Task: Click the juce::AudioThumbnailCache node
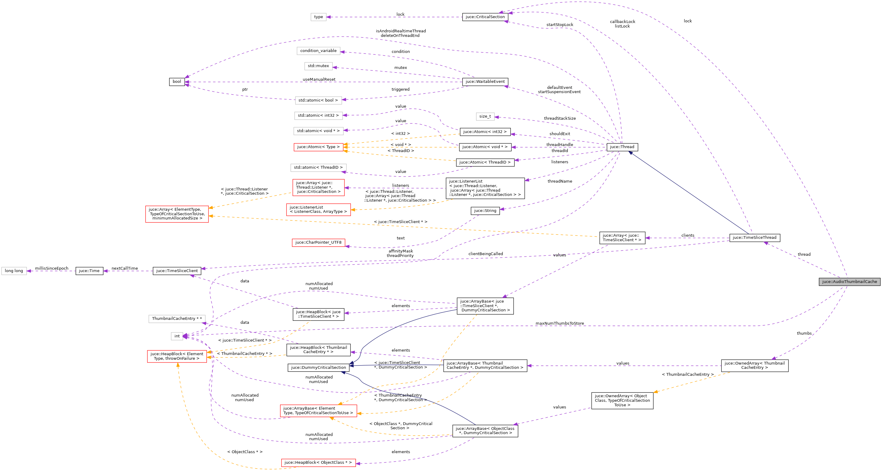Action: [849, 282]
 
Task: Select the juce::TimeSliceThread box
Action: [754, 238]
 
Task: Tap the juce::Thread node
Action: [622, 147]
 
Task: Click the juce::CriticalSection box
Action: [485, 17]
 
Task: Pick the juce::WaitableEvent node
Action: [485, 81]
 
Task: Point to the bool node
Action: [177, 81]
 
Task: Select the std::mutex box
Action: [318, 66]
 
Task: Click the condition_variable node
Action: [318, 51]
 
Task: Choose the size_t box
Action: [485, 116]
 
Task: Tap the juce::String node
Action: [485, 210]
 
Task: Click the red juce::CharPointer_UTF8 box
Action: [318, 242]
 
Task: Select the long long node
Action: [14, 271]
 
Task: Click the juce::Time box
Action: [89, 271]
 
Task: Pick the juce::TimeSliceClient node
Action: [177, 271]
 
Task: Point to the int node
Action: [177, 336]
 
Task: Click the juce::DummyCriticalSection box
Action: [318, 367]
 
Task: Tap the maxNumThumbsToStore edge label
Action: [560, 323]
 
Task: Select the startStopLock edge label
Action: [560, 25]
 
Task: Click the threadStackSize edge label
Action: [560, 119]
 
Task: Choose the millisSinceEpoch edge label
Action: [51, 268]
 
